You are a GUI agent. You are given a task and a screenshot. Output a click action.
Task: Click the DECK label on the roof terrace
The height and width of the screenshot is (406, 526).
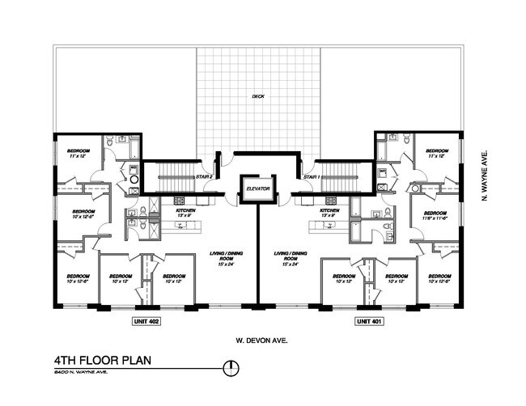(258, 96)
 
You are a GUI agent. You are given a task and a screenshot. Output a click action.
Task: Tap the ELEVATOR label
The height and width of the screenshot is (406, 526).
(257, 192)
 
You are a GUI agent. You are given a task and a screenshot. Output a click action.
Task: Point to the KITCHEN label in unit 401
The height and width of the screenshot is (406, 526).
(329, 213)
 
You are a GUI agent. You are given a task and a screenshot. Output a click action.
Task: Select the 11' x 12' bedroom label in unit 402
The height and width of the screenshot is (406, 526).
(78, 154)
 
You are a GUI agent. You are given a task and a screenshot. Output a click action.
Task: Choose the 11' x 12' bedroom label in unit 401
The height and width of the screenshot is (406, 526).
(437, 154)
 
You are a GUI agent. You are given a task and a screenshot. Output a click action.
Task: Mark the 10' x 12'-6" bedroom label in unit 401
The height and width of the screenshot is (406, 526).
(438, 280)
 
